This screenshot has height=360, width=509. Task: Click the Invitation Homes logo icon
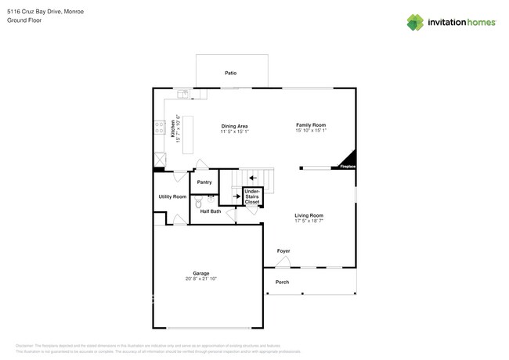pyautogui.click(x=414, y=23)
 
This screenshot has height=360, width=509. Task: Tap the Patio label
pyautogui.click(x=231, y=73)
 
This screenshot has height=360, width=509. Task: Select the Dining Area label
pyautogui.click(x=234, y=126)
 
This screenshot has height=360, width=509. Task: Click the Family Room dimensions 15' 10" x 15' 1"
pyautogui.click(x=310, y=131)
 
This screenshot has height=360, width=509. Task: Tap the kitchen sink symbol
pyautogui.click(x=183, y=95)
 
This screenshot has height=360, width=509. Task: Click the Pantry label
pyautogui.click(x=204, y=182)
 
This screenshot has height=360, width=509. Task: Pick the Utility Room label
pyautogui.click(x=172, y=196)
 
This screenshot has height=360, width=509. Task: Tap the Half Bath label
pyautogui.click(x=210, y=211)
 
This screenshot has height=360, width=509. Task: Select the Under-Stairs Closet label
pyautogui.click(x=252, y=196)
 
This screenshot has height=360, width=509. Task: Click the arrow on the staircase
pyautogui.click(x=252, y=178)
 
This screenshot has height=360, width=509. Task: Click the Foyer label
pyautogui.click(x=283, y=251)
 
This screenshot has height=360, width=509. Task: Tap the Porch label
pyautogui.click(x=282, y=282)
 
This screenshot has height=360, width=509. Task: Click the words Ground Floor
pyautogui.click(x=24, y=20)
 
